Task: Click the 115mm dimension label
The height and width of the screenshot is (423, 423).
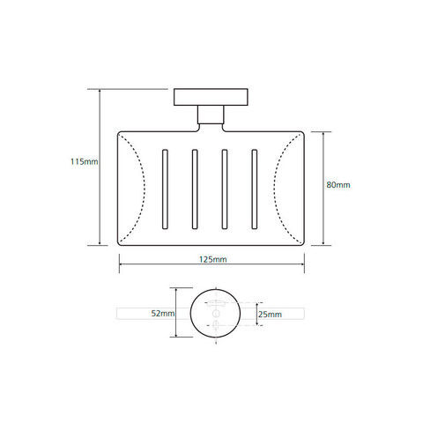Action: (x=84, y=161)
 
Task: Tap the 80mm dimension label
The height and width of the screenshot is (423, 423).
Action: (x=338, y=185)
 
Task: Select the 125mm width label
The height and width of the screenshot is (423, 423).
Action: (x=213, y=259)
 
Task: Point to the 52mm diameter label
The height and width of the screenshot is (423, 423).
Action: (x=163, y=314)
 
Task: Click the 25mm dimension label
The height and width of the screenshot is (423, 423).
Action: (x=270, y=315)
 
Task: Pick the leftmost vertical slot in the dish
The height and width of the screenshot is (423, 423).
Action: (x=165, y=189)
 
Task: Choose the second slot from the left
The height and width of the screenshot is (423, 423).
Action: (x=195, y=189)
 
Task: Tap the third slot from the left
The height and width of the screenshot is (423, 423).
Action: (x=225, y=189)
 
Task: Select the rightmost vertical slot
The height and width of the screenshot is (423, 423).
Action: (x=255, y=189)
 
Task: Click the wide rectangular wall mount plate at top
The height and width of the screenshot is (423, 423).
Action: (x=211, y=97)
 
